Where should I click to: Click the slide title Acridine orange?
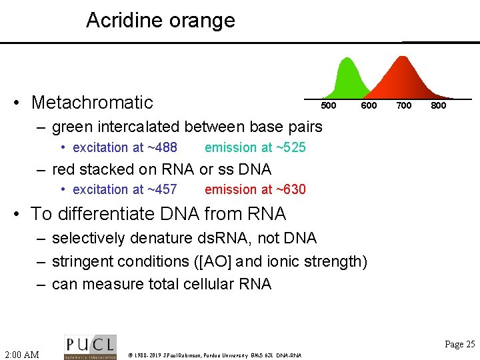[160, 20]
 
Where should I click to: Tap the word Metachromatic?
[92, 103]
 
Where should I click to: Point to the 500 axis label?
[329, 106]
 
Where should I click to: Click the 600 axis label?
[369, 106]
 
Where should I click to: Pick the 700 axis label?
[403, 106]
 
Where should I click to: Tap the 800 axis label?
[438, 106]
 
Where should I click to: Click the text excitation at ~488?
[125, 147]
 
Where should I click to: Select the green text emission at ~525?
[255, 147]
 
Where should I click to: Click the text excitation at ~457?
[125, 189]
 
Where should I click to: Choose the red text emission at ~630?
[255, 189]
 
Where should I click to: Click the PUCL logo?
[90, 347]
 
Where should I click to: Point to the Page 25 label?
[459, 345]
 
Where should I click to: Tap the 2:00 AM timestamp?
[21, 354]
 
